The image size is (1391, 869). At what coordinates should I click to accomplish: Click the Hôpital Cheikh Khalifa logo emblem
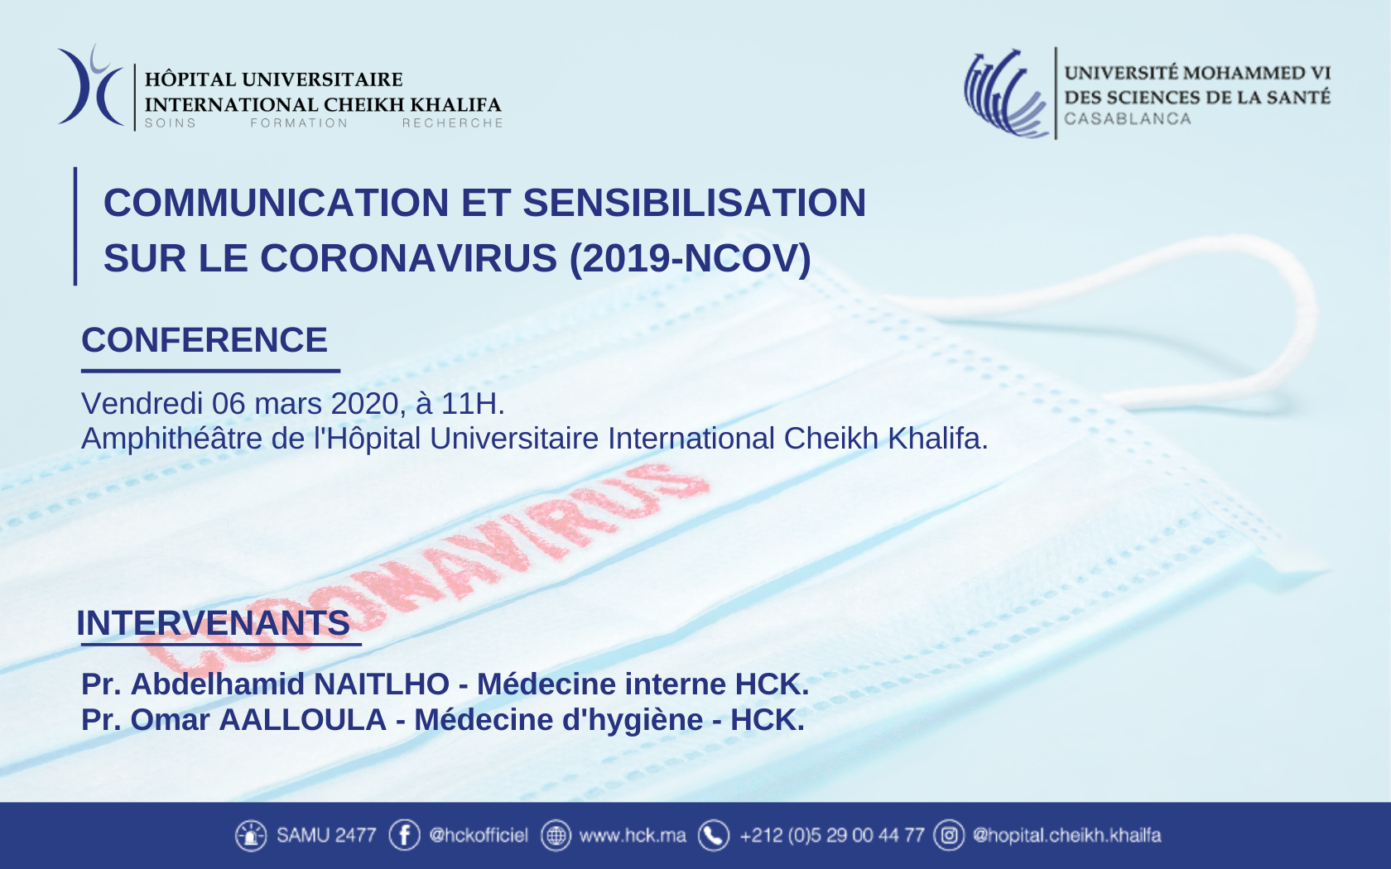92,86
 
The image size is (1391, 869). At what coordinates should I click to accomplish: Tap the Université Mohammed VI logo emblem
1006,93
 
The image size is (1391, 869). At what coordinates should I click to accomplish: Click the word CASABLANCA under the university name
1128,118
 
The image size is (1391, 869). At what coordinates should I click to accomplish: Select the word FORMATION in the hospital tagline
299,122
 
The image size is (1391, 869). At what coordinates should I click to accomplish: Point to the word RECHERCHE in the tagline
453,122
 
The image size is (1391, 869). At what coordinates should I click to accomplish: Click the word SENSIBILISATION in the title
694,202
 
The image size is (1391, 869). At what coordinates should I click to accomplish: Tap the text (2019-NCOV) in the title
690,258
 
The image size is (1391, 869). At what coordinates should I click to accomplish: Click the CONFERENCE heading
205,339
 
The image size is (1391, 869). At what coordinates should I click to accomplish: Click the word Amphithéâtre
172,439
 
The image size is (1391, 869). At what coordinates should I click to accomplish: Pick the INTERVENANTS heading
214,622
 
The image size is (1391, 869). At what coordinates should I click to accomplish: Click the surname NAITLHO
381,684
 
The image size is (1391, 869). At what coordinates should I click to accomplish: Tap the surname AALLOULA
303,720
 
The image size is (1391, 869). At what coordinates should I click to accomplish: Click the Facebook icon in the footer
404,835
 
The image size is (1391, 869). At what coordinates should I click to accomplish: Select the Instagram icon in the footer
949,835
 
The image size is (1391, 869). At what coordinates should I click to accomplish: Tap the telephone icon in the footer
714,835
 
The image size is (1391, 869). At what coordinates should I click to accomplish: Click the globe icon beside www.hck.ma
556,835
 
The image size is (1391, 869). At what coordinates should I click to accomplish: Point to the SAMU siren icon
251,835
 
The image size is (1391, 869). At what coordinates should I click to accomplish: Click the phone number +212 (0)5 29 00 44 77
832,836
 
